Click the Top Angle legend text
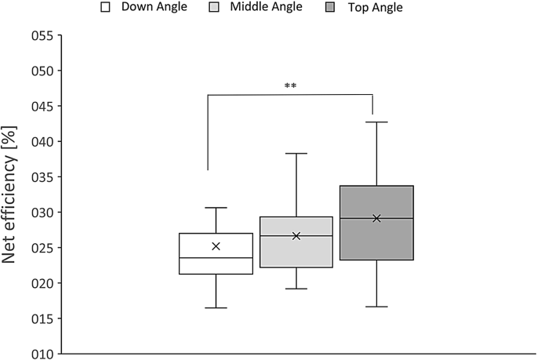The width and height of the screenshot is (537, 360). (376, 8)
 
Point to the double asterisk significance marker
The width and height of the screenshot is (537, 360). (291, 85)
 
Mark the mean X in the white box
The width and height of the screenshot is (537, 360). (216, 246)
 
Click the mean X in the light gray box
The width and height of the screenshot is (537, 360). (296, 236)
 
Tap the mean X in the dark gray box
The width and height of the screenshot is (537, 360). (376, 218)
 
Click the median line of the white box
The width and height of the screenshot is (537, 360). (216, 257)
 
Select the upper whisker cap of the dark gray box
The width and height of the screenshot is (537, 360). (376, 122)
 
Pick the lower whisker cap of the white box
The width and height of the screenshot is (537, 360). (216, 307)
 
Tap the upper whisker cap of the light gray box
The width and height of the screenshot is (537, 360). (296, 154)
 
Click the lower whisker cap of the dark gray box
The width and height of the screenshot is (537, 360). (376, 306)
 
